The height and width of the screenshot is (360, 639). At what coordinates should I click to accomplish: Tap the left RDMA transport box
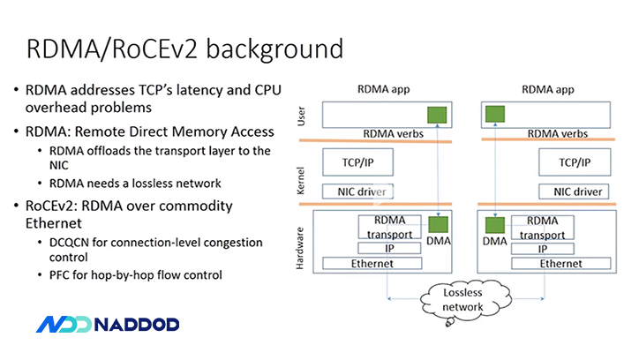[x=390, y=226]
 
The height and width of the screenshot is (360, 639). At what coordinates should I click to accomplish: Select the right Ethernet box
[x=560, y=263]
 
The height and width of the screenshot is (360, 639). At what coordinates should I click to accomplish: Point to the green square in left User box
[x=436, y=115]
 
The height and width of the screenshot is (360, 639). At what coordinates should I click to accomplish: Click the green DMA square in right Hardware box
[x=492, y=224]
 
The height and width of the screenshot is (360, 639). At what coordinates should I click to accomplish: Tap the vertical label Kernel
[x=302, y=180]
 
